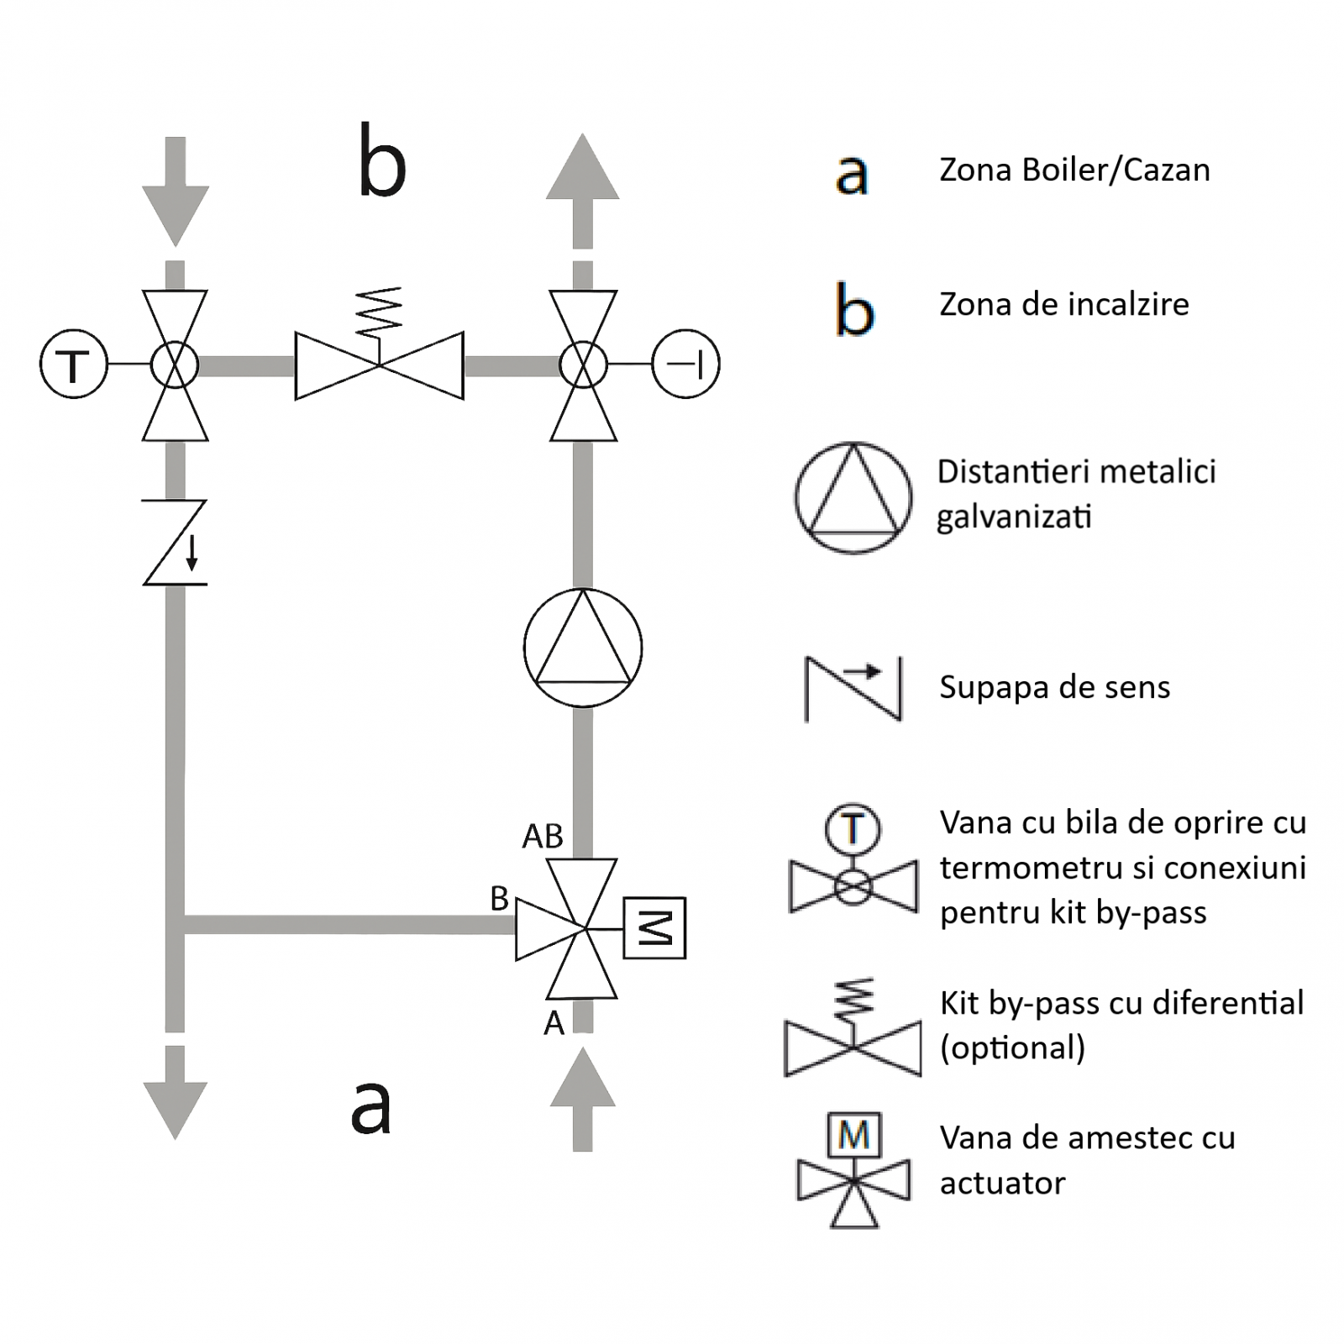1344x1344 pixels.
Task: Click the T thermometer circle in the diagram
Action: [x=74, y=365]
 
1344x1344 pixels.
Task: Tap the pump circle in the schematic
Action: [x=583, y=648]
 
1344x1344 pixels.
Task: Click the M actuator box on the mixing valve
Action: [x=654, y=928]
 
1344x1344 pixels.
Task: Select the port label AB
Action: [x=543, y=837]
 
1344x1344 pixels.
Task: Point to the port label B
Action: [x=499, y=899]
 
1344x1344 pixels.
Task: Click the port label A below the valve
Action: [x=554, y=1023]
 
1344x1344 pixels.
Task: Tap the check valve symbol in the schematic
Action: [x=175, y=543]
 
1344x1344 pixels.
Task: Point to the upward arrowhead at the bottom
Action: [x=583, y=1079]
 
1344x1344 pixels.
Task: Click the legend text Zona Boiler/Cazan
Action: [x=1074, y=171]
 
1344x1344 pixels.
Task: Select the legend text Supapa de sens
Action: [x=1054, y=687]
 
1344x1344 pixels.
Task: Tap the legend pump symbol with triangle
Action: [x=853, y=498]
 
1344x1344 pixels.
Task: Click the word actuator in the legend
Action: [x=1002, y=1184]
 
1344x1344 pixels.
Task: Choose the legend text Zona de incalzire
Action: [x=1063, y=304]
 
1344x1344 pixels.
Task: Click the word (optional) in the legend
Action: [x=1012, y=1048]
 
